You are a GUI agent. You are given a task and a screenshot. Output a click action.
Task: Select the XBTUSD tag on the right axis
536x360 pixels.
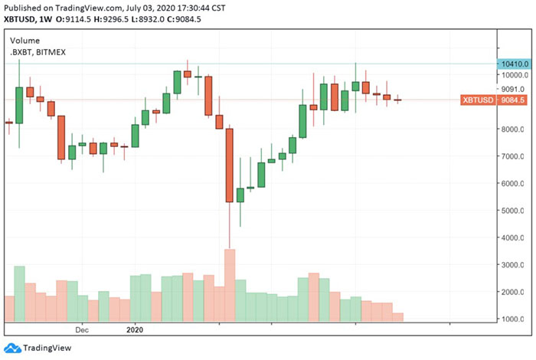tap(478, 100)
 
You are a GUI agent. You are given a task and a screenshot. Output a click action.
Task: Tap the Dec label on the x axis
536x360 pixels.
tap(83, 331)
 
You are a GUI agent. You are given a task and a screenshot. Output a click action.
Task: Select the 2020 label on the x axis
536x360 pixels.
tap(134, 331)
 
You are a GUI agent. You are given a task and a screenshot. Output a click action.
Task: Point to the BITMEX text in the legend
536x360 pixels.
tap(57, 51)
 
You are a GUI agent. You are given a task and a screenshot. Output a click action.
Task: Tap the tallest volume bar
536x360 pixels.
tap(230, 285)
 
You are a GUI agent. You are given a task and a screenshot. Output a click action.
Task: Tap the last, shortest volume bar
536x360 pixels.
tap(397, 317)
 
